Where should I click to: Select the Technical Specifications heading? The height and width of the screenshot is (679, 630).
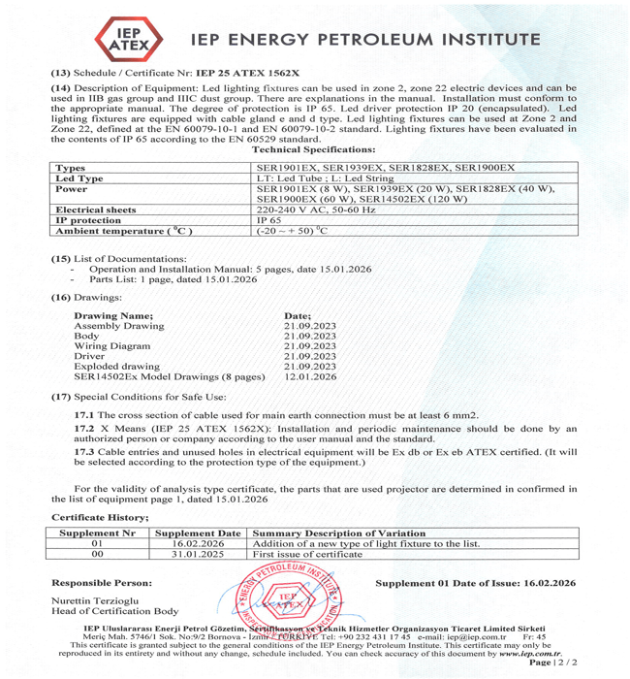313,150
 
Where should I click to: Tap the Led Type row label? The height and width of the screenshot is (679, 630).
79,178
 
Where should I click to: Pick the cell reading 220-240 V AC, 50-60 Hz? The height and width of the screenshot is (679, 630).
307,210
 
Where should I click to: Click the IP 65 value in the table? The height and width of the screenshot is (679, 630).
268,220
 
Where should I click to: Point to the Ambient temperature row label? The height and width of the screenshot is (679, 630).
124,232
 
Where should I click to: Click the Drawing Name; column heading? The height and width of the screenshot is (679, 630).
113,316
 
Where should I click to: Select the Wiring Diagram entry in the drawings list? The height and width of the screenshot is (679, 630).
112,346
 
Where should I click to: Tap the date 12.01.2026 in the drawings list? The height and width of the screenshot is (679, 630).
310,376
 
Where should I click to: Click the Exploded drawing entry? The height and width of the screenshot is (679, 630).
116,367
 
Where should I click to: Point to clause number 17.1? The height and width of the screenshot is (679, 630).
84,414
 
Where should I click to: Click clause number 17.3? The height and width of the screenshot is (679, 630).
84,452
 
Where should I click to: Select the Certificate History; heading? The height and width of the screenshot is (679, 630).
100,518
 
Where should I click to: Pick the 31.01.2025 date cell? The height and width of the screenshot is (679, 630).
198,555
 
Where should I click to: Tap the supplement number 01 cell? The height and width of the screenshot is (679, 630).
97,544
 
